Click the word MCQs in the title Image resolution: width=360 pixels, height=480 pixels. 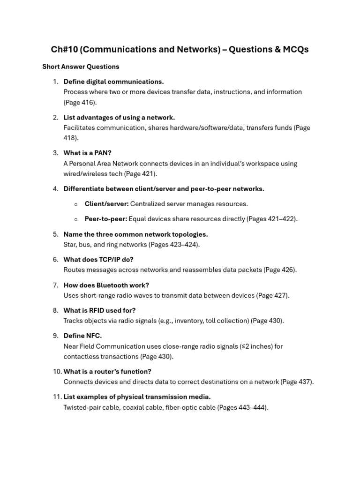[x=294, y=50]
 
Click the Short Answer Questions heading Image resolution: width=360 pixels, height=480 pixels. [x=81, y=67]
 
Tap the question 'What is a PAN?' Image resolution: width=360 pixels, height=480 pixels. [x=87, y=153]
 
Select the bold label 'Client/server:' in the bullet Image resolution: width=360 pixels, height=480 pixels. [x=106, y=204]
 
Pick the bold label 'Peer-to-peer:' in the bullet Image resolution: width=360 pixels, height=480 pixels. [x=105, y=219]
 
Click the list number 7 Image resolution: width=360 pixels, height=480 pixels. [x=55, y=285]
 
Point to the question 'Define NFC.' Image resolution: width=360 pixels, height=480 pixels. [x=82, y=336]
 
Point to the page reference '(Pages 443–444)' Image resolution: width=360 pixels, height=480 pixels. [x=242, y=407]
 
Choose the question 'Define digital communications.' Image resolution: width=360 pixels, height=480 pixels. [x=113, y=82]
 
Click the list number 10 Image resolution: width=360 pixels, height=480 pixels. [x=57, y=372]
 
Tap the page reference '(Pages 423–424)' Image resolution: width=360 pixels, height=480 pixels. [x=174, y=245]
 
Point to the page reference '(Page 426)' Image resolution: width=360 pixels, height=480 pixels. [x=280, y=270]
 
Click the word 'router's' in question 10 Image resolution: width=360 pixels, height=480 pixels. [x=105, y=372]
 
